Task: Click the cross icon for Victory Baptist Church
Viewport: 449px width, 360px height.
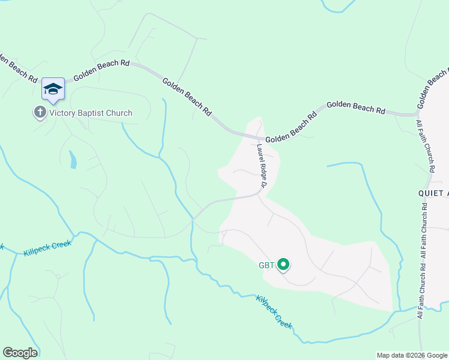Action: coord(40,112)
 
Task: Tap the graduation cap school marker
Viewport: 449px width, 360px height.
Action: coord(53,89)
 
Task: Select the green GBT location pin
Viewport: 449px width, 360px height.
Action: coord(283,264)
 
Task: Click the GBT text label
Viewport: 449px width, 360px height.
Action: coord(267,265)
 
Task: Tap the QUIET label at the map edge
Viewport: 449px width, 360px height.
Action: coord(433,193)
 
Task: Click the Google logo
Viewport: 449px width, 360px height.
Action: coord(20,353)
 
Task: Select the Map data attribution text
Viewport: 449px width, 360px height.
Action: coord(412,355)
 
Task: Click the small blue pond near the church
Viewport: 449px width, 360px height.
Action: coord(73,160)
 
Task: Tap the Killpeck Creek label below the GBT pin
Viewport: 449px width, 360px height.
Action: coord(274,311)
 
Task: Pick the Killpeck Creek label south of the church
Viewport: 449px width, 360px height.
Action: coord(47,248)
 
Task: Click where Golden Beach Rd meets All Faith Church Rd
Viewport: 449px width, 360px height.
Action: coord(417,112)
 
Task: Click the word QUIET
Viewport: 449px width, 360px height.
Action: coord(433,193)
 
